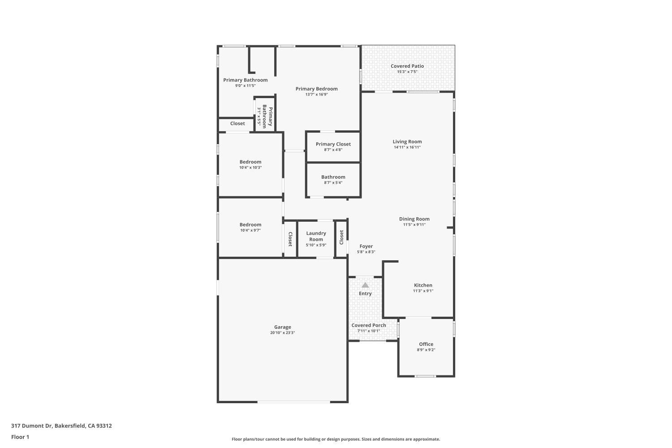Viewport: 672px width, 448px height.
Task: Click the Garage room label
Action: (282, 327)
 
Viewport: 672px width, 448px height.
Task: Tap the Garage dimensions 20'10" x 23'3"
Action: (282, 333)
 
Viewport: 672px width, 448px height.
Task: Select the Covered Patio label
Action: (407, 66)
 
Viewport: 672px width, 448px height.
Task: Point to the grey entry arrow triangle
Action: (365, 285)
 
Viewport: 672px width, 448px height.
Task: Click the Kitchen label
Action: (423, 285)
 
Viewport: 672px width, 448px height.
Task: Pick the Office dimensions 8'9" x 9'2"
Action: (426, 350)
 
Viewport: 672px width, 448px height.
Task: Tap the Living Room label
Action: (407, 142)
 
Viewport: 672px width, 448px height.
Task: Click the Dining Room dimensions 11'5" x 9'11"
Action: (414, 225)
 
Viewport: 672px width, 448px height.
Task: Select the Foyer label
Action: (366, 246)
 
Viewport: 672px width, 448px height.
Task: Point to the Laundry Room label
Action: (316, 236)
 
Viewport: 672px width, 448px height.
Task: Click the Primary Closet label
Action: (333, 144)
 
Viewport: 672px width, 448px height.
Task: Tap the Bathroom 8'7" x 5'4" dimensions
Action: (333, 183)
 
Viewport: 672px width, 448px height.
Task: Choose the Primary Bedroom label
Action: (316, 89)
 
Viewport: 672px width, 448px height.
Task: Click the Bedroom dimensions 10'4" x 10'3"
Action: (250, 168)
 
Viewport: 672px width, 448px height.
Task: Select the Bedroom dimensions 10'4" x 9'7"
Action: (250, 230)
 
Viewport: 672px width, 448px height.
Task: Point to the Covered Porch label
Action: (369, 325)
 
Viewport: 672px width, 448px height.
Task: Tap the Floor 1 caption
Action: (20, 437)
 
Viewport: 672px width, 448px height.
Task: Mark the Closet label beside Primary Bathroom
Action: (237, 124)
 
